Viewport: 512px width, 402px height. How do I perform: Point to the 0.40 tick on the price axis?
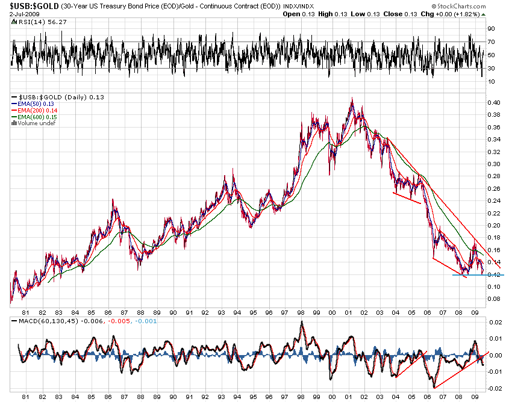[x=493, y=102]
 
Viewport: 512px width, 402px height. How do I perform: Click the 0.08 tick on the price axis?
[x=493, y=299]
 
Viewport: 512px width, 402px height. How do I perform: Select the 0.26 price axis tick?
[x=493, y=188]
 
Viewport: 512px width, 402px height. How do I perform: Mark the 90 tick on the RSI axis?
[x=491, y=28]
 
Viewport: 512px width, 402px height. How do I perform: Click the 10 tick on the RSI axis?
[x=491, y=81]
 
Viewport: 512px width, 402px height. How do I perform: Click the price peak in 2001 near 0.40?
[x=352, y=99]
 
